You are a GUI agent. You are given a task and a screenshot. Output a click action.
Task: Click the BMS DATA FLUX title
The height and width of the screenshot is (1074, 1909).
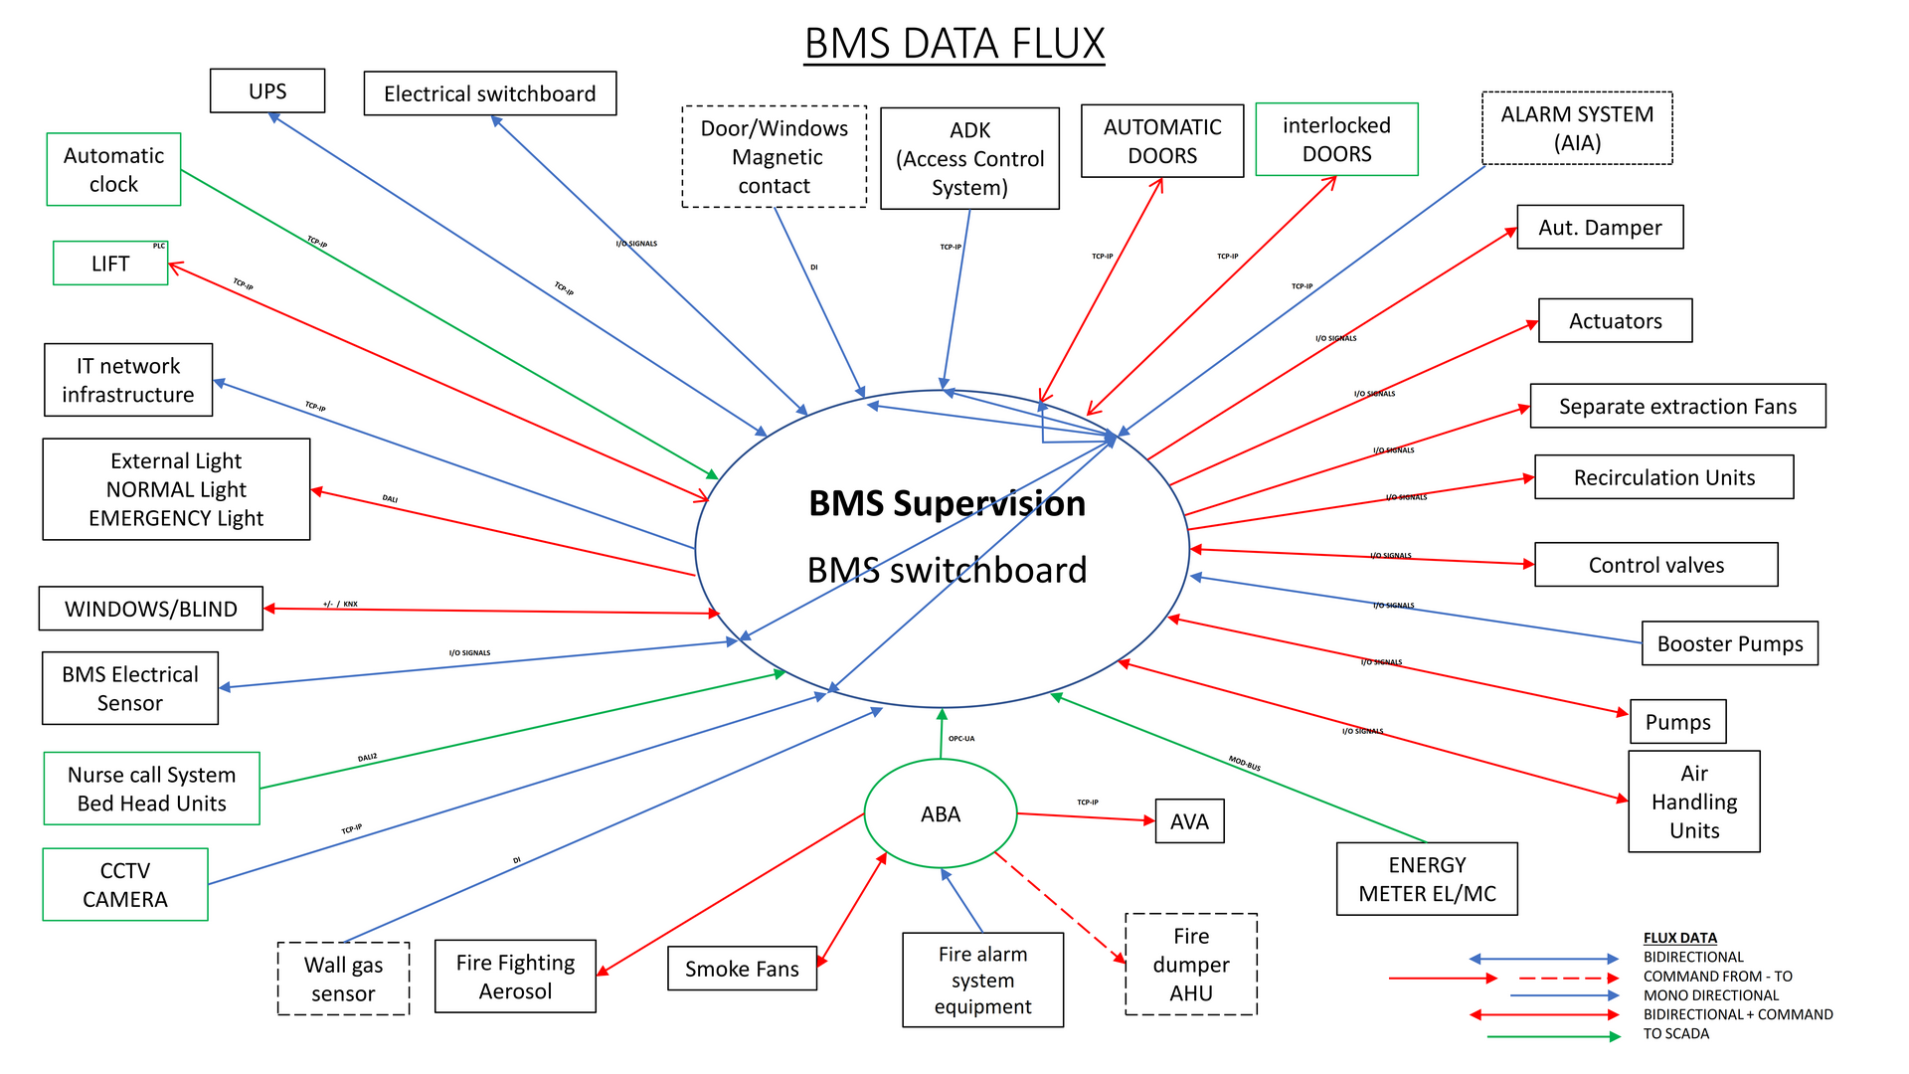pos(954,44)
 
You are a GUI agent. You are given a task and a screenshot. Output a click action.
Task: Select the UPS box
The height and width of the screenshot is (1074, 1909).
pos(267,90)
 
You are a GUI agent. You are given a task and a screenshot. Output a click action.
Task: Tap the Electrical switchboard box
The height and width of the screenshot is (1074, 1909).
pos(489,93)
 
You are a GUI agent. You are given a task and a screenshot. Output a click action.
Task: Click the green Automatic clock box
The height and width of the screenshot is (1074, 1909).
pos(113,169)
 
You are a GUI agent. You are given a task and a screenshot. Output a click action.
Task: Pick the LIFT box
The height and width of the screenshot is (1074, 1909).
pos(110,264)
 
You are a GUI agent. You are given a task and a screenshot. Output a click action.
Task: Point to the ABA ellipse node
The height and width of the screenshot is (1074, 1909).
pos(941,813)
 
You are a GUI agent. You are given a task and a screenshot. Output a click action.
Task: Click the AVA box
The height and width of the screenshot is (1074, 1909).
pos(1189,821)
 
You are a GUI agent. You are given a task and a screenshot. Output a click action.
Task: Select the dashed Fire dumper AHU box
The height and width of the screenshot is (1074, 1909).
pos(1191,964)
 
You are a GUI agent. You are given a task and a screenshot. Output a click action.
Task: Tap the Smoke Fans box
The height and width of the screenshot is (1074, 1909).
pos(742,969)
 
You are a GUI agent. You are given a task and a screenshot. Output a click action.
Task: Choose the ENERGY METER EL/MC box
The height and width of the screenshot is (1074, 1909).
pos(1427,879)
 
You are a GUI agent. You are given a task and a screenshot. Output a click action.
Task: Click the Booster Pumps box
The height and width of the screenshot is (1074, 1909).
pos(1729,643)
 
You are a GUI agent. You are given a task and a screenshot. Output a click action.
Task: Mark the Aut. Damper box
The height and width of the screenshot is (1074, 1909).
pos(1600,228)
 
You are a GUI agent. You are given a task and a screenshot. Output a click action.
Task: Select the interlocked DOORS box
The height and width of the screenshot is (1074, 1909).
pos(1336,139)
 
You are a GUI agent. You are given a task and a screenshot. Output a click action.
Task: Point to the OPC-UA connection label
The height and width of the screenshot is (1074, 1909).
pos(961,739)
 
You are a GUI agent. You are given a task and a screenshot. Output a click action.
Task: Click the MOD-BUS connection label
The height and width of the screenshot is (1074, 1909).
pos(1245,763)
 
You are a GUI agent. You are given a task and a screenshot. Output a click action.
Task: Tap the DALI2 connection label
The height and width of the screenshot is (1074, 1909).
pos(368,758)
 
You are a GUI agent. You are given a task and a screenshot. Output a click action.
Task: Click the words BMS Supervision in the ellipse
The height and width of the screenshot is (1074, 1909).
pos(947,503)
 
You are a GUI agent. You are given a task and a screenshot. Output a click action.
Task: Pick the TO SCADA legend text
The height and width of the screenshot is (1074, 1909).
pos(1675,1033)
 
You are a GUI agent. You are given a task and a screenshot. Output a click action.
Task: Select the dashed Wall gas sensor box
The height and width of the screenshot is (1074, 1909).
pos(343,979)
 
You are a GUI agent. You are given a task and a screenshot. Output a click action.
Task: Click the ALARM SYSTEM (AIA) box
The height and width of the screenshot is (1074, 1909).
pos(1577,128)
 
